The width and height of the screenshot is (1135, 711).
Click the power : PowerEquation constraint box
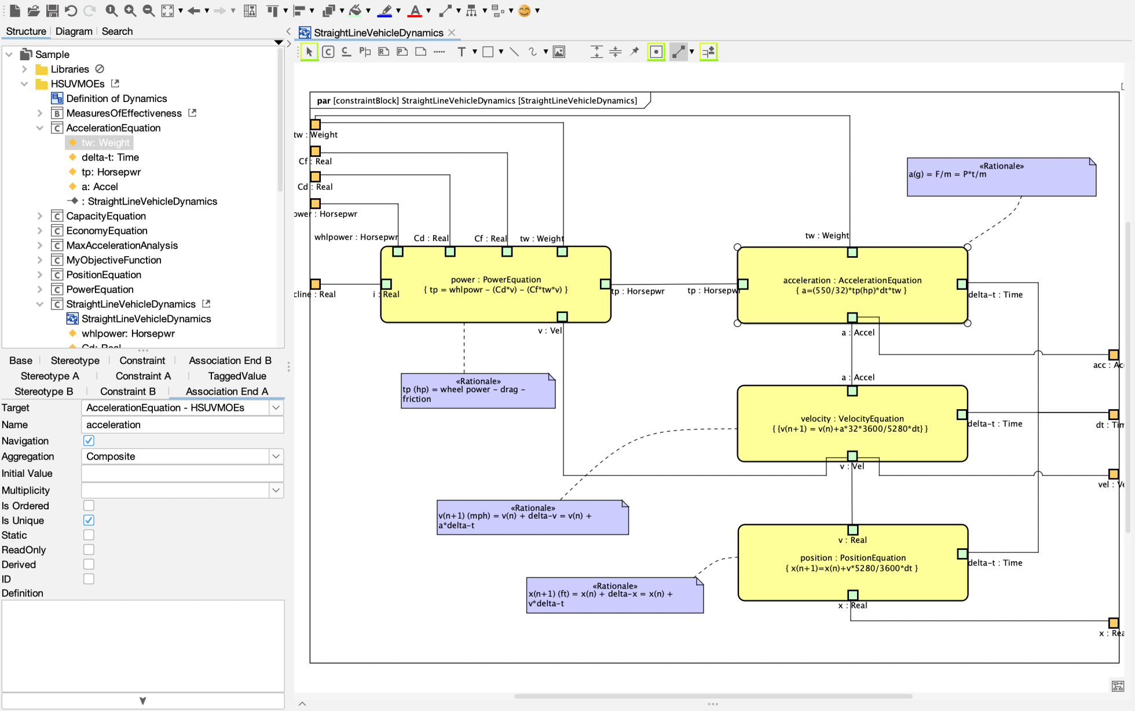(495, 301)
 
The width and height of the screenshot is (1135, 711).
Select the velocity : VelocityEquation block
(851, 440)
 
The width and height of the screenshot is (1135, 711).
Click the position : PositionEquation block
(851, 579)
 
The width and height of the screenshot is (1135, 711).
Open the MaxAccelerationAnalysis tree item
(122, 245)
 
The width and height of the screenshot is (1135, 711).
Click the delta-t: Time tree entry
(110, 157)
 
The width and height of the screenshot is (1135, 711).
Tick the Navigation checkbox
(89, 441)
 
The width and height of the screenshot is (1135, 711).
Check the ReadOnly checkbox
(89, 549)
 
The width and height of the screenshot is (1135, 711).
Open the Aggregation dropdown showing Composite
(276, 457)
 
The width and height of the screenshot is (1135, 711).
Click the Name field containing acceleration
(182, 425)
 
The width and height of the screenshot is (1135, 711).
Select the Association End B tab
(230, 360)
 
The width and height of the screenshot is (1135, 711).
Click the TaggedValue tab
(237, 376)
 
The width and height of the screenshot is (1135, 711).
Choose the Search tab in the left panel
(117, 31)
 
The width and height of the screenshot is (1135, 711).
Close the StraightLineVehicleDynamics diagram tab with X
(452, 32)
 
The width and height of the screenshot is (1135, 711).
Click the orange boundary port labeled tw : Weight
(316, 125)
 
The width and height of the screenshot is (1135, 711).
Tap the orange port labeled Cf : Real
(316, 151)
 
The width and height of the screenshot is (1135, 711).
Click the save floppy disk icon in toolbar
(52, 10)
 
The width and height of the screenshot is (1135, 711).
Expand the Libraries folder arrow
(24, 69)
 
